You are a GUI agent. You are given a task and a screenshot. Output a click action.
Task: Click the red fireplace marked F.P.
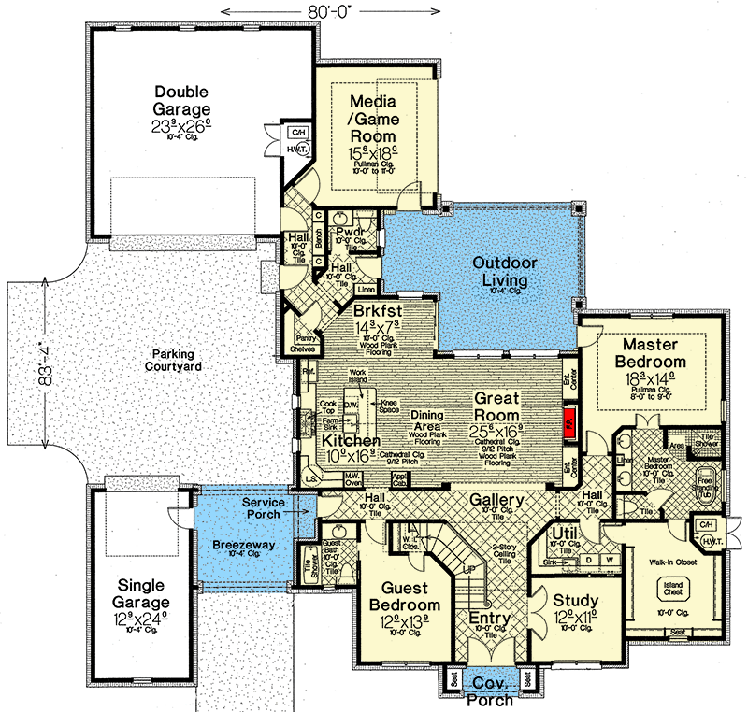tap(568, 422)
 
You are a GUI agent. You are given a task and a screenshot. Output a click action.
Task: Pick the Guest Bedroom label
tap(393, 599)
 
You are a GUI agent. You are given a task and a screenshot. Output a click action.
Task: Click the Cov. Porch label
tap(488, 691)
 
